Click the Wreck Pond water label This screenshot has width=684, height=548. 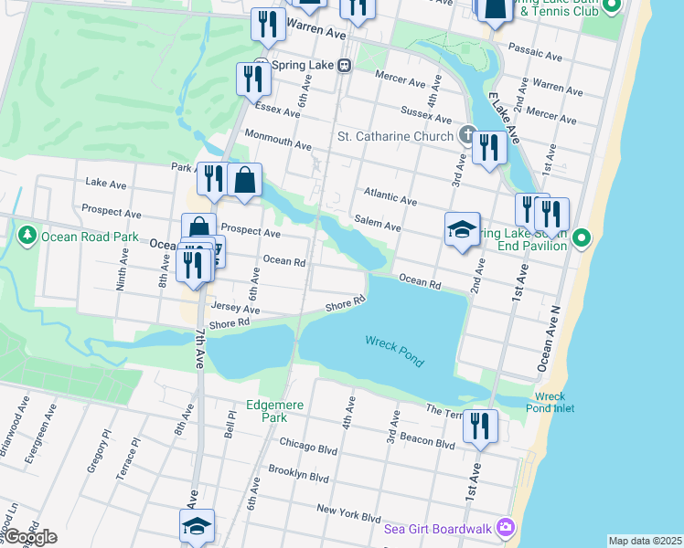[395, 350]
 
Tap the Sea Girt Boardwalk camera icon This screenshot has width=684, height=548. [505, 527]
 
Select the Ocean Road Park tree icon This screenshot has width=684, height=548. [27, 237]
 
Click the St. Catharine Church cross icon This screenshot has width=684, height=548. [467, 137]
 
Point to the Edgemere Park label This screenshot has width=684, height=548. [267, 411]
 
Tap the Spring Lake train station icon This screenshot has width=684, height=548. [344, 65]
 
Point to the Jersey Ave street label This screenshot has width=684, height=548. [236, 309]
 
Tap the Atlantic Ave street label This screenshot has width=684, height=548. [390, 195]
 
